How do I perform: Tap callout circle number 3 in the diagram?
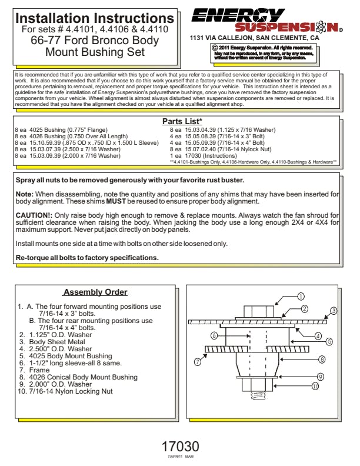pyautogui.click(x=333, y=311)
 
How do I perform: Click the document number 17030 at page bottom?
pyautogui.click(x=180, y=447)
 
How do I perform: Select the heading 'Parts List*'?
pyautogui.click(x=182, y=121)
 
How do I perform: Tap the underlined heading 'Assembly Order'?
pyautogui.click(x=95, y=292)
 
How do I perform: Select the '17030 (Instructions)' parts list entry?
pyautogui.click(x=207, y=155)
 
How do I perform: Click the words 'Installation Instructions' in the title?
pyautogui.click(x=94, y=18)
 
